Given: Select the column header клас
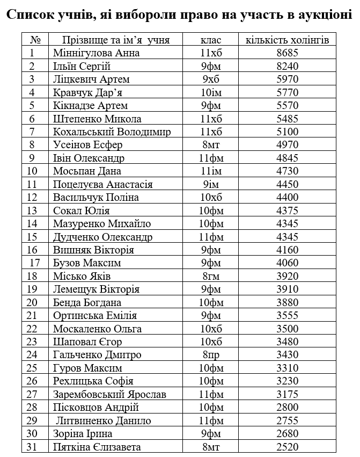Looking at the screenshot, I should click(210, 40).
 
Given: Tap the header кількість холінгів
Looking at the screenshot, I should click(287, 40).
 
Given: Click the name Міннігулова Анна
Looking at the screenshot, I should click(97, 53).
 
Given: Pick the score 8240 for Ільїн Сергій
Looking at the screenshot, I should click(287, 67).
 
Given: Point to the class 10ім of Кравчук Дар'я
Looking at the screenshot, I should click(210, 92).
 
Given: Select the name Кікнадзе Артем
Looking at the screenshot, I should click(90, 106).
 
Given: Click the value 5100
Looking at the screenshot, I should click(287, 132).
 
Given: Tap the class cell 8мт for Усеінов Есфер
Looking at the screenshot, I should click(210, 145).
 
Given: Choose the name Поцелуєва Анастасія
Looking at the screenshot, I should click(103, 184).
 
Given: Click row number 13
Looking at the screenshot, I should click(32, 211).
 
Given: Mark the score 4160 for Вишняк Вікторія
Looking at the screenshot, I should click(287, 250).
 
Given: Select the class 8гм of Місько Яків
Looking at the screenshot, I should click(210, 277).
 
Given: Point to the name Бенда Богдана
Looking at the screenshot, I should click(87, 303).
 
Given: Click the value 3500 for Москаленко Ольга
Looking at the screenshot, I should click(287, 329).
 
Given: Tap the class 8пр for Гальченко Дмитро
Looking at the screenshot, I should click(210, 355).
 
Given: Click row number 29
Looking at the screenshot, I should click(32, 421).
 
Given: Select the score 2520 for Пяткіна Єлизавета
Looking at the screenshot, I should click(287, 447).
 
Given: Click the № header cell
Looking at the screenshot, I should click(35, 40).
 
